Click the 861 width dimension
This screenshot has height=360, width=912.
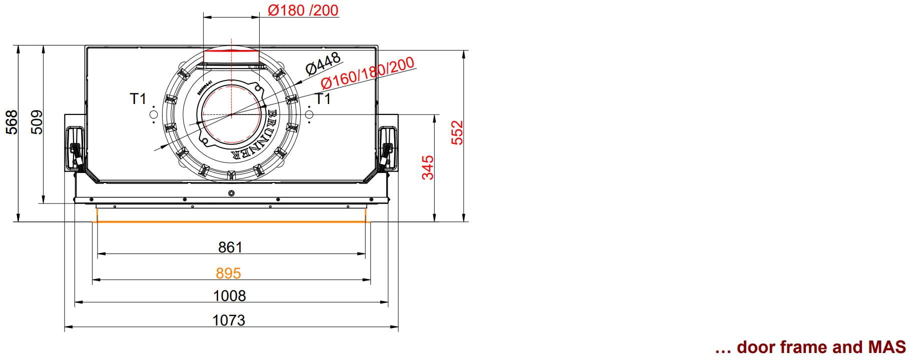tap(230, 247)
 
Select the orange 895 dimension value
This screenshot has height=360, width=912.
tap(229, 273)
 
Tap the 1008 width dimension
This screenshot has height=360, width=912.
tap(230, 296)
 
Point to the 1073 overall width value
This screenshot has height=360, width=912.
tap(229, 320)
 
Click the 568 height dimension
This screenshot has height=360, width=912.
tap(11, 122)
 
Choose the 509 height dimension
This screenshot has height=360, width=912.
tap(37, 122)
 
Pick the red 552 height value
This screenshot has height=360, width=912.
tap(458, 132)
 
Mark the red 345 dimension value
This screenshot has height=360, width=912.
tap(428, 167)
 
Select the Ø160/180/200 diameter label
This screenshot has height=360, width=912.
tap(367, 73)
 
